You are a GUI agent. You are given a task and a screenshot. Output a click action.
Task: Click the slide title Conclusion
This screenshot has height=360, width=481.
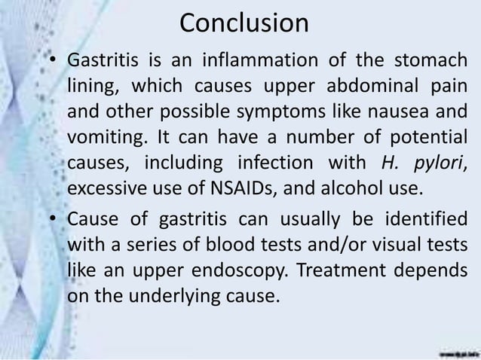click(244, 23)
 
